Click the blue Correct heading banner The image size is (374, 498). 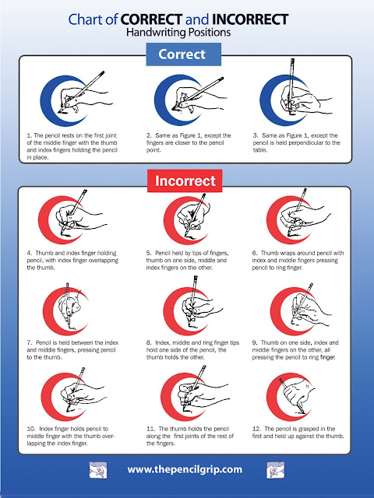coord(184,54)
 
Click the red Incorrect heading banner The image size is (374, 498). coord(185,181)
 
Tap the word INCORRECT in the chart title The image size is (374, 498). coord(250,19)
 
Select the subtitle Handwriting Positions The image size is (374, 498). coord(178,32)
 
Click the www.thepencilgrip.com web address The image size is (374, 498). coord(185,469)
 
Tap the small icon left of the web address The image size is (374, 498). coord(98,470)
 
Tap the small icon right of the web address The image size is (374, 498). coord(275,470)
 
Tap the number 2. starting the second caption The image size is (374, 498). coord(149,135)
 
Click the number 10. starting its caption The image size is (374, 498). coord(31,429)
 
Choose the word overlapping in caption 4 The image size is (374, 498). coord(101,261)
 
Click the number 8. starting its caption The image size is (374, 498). coord(149,342)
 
